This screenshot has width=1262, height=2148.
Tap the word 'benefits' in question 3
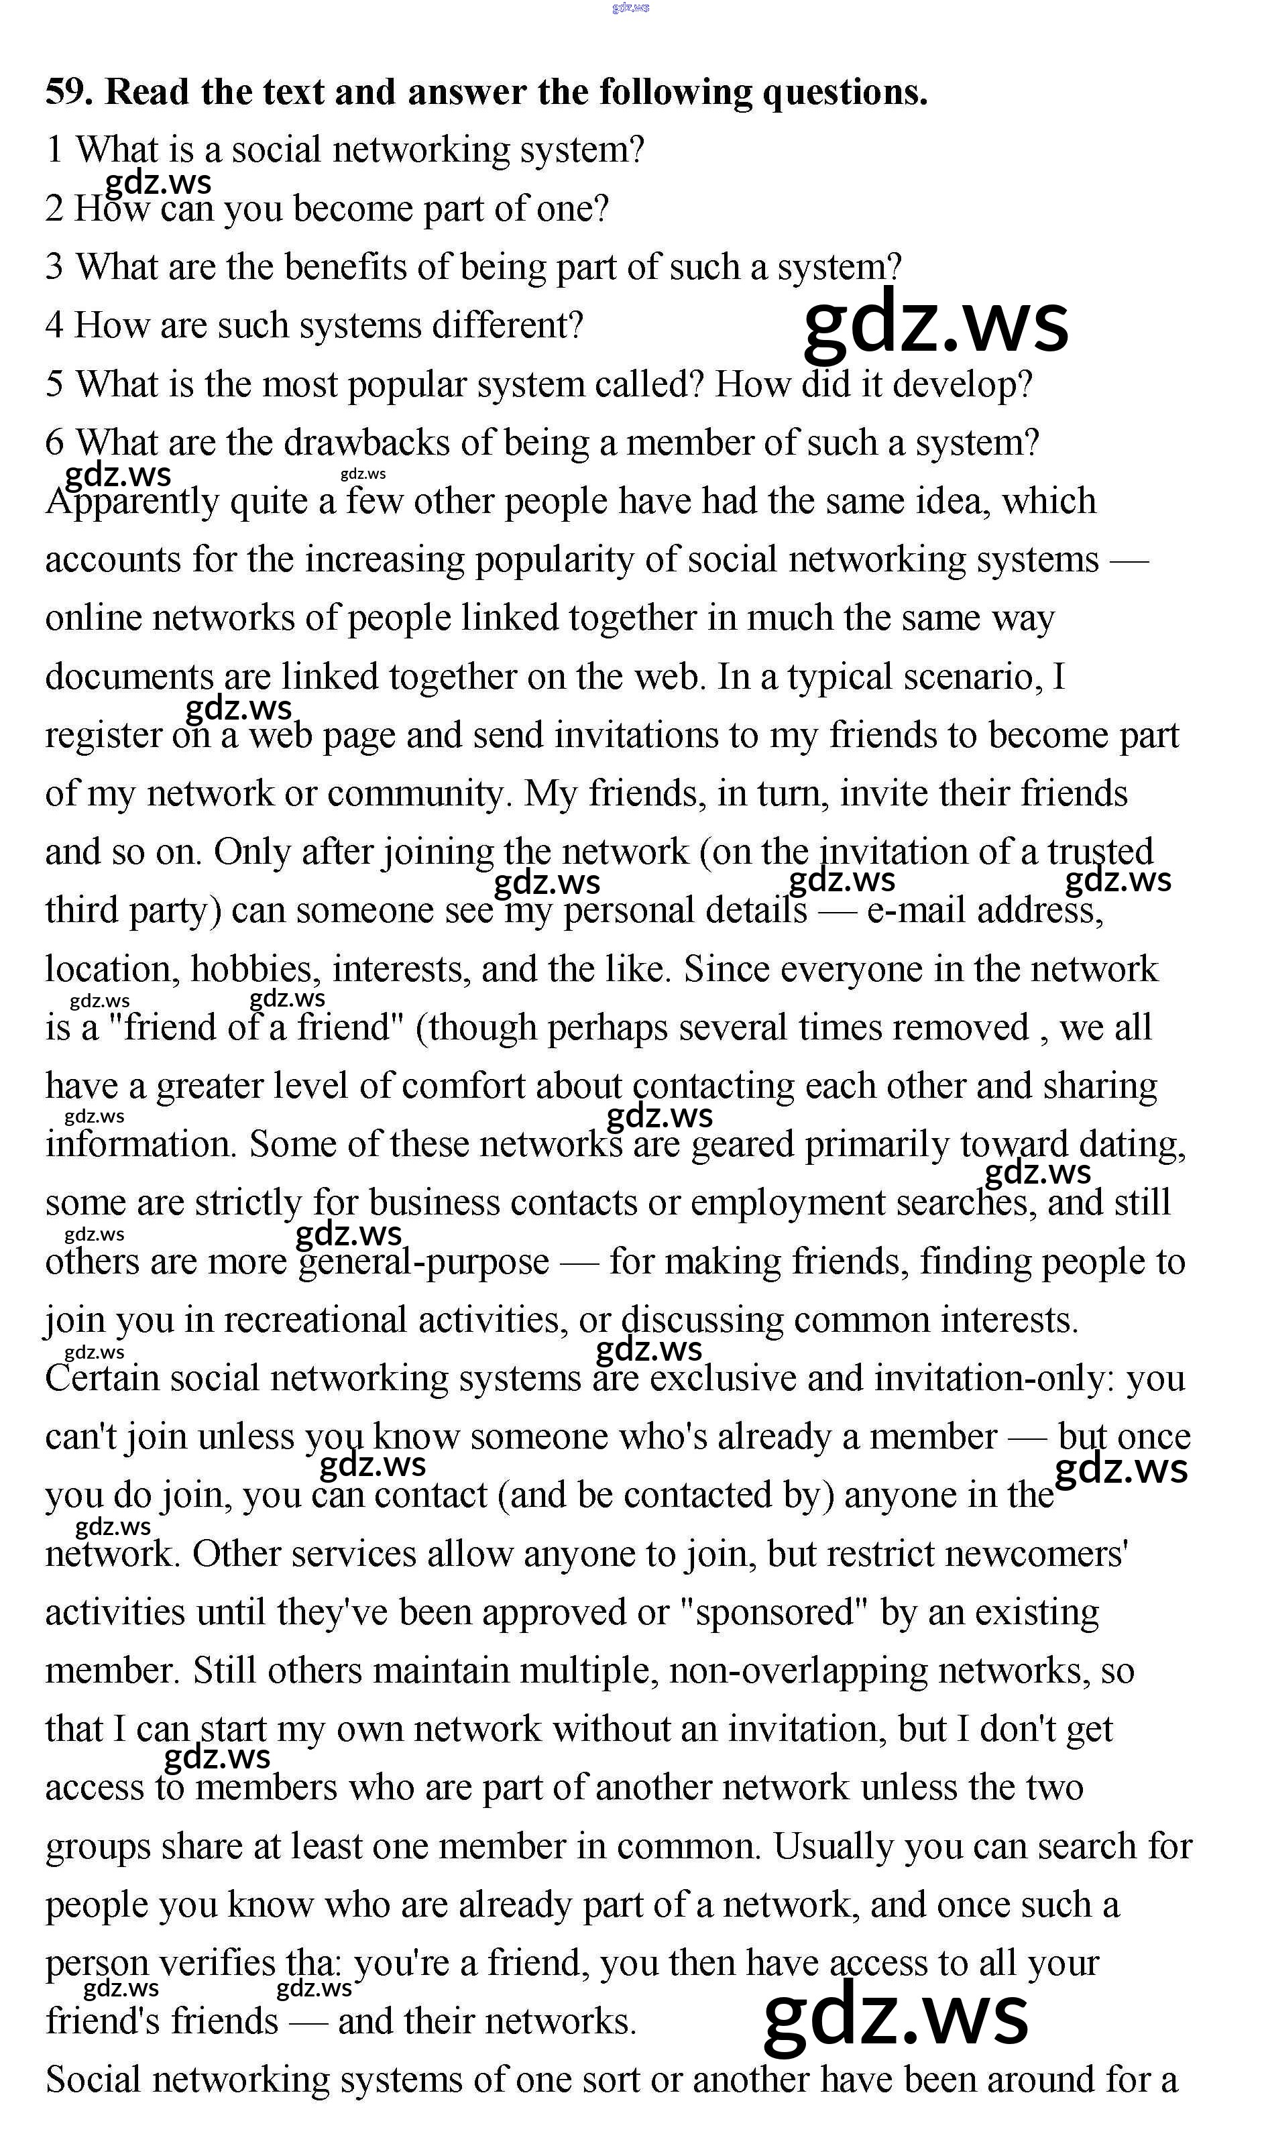(349, 267)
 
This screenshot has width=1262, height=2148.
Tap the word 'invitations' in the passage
(636, 736)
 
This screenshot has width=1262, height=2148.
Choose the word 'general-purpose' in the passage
(424, 1262)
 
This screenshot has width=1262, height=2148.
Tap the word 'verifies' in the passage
(217, 1964)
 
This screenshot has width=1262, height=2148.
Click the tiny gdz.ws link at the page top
(630, 7)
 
